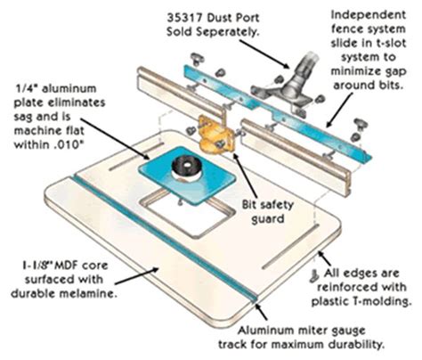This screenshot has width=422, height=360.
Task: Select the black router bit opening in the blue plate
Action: [188, 167]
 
